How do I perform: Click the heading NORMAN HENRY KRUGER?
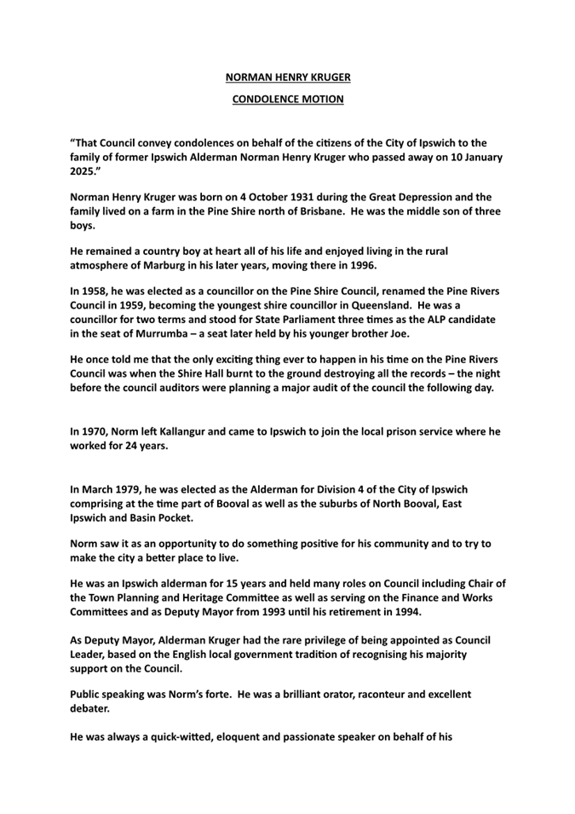(288, 78)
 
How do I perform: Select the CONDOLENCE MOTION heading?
(288, 99)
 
